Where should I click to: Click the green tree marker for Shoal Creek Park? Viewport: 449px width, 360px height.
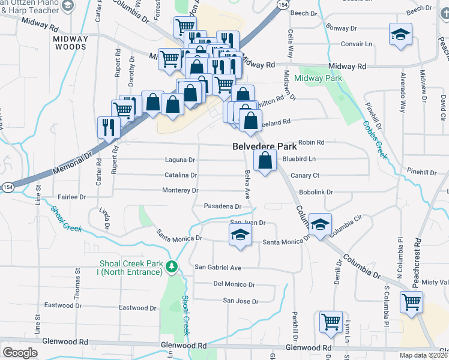172,266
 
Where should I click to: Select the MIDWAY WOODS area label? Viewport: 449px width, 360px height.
71,43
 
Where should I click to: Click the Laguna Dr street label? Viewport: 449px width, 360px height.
181,160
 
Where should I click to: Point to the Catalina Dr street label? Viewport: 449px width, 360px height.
181,175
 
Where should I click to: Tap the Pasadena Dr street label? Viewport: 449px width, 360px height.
223,206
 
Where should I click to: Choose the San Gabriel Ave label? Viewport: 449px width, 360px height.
217,267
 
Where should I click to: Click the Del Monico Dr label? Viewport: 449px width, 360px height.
234,284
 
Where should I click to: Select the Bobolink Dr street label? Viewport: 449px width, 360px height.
316,192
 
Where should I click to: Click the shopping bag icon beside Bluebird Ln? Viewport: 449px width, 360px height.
265,161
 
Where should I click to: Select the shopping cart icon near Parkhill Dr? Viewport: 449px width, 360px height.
331,322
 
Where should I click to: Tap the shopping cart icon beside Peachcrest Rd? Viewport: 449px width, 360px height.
411,302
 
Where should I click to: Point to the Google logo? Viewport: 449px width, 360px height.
20,352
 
